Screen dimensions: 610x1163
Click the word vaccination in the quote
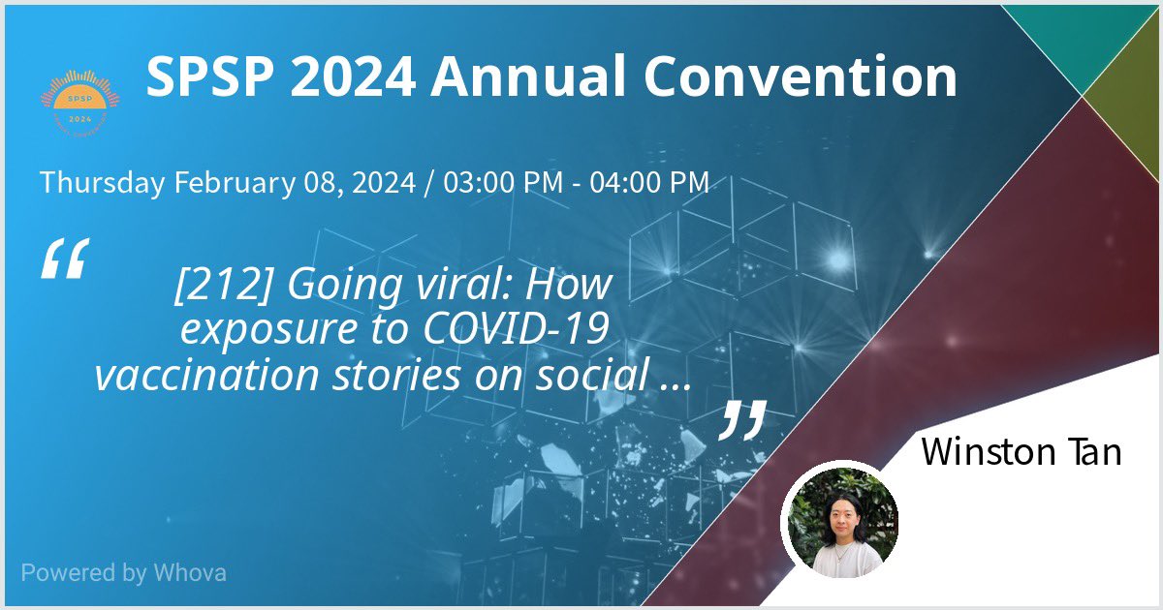click(198, 374)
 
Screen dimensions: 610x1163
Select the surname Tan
click(1093, 452)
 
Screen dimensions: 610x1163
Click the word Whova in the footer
click(190, 572)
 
